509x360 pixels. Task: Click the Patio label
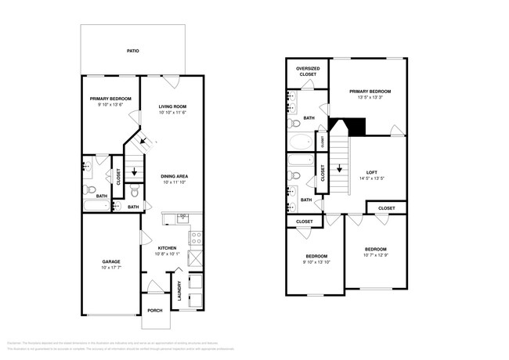point(133,51)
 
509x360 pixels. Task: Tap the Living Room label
point(172,106)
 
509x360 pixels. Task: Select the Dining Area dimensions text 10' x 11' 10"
point(174,182)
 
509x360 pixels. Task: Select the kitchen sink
point(182,217)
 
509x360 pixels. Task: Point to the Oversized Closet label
point(306,72)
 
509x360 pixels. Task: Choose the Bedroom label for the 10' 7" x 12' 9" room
point(374,248)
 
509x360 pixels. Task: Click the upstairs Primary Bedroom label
point(370,92)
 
